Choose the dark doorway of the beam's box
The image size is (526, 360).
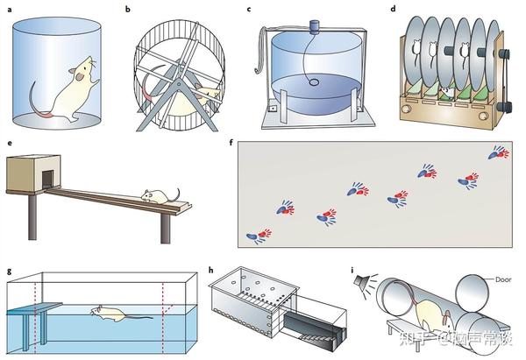41,179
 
